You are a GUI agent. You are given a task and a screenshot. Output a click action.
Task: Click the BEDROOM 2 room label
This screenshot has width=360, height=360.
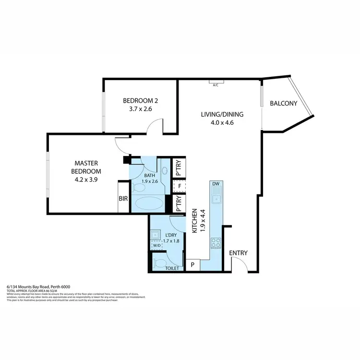click(141, 101)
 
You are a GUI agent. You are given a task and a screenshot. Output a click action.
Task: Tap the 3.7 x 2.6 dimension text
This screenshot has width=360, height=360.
click(141, 109)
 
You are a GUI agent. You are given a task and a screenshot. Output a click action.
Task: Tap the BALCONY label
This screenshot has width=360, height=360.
click(283, 103)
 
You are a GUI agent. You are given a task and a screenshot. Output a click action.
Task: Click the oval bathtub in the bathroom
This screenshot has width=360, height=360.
click(149, 204)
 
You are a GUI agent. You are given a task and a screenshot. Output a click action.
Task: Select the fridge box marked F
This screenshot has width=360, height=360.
click(179, 186)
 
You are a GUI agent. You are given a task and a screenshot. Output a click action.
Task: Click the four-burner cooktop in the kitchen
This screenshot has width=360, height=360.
click(216, 243)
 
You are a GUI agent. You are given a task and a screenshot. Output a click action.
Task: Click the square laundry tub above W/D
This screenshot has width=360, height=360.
click(156, 234)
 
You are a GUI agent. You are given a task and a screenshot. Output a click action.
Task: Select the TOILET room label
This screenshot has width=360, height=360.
click(171, 268)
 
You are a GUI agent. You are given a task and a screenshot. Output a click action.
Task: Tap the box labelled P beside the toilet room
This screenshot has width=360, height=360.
click(192, 265)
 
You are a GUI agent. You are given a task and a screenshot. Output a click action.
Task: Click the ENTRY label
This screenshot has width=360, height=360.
click(238, 253)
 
